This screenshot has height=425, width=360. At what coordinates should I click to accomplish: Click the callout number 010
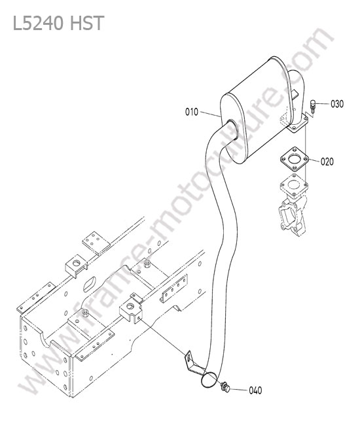[192, 112]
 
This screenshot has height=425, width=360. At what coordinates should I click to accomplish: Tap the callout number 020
[327, 161]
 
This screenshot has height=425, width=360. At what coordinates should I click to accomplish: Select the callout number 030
[337, 104]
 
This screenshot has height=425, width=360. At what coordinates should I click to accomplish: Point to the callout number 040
[255, 390]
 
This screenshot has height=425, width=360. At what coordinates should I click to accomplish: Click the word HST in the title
[87, 23]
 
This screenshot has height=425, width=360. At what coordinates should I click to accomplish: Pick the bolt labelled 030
[313, 107]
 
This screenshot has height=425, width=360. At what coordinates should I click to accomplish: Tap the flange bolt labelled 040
[225, 387]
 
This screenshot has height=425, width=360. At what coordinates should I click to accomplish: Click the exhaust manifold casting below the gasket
[293, 211]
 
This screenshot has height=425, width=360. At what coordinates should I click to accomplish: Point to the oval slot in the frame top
[90, 284]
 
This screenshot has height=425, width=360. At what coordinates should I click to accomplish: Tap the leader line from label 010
[210, 114]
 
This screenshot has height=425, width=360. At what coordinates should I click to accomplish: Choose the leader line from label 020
[314, 160]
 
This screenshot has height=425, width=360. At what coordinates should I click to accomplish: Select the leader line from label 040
[239, 390]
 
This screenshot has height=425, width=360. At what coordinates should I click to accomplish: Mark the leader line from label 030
[323, 103]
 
